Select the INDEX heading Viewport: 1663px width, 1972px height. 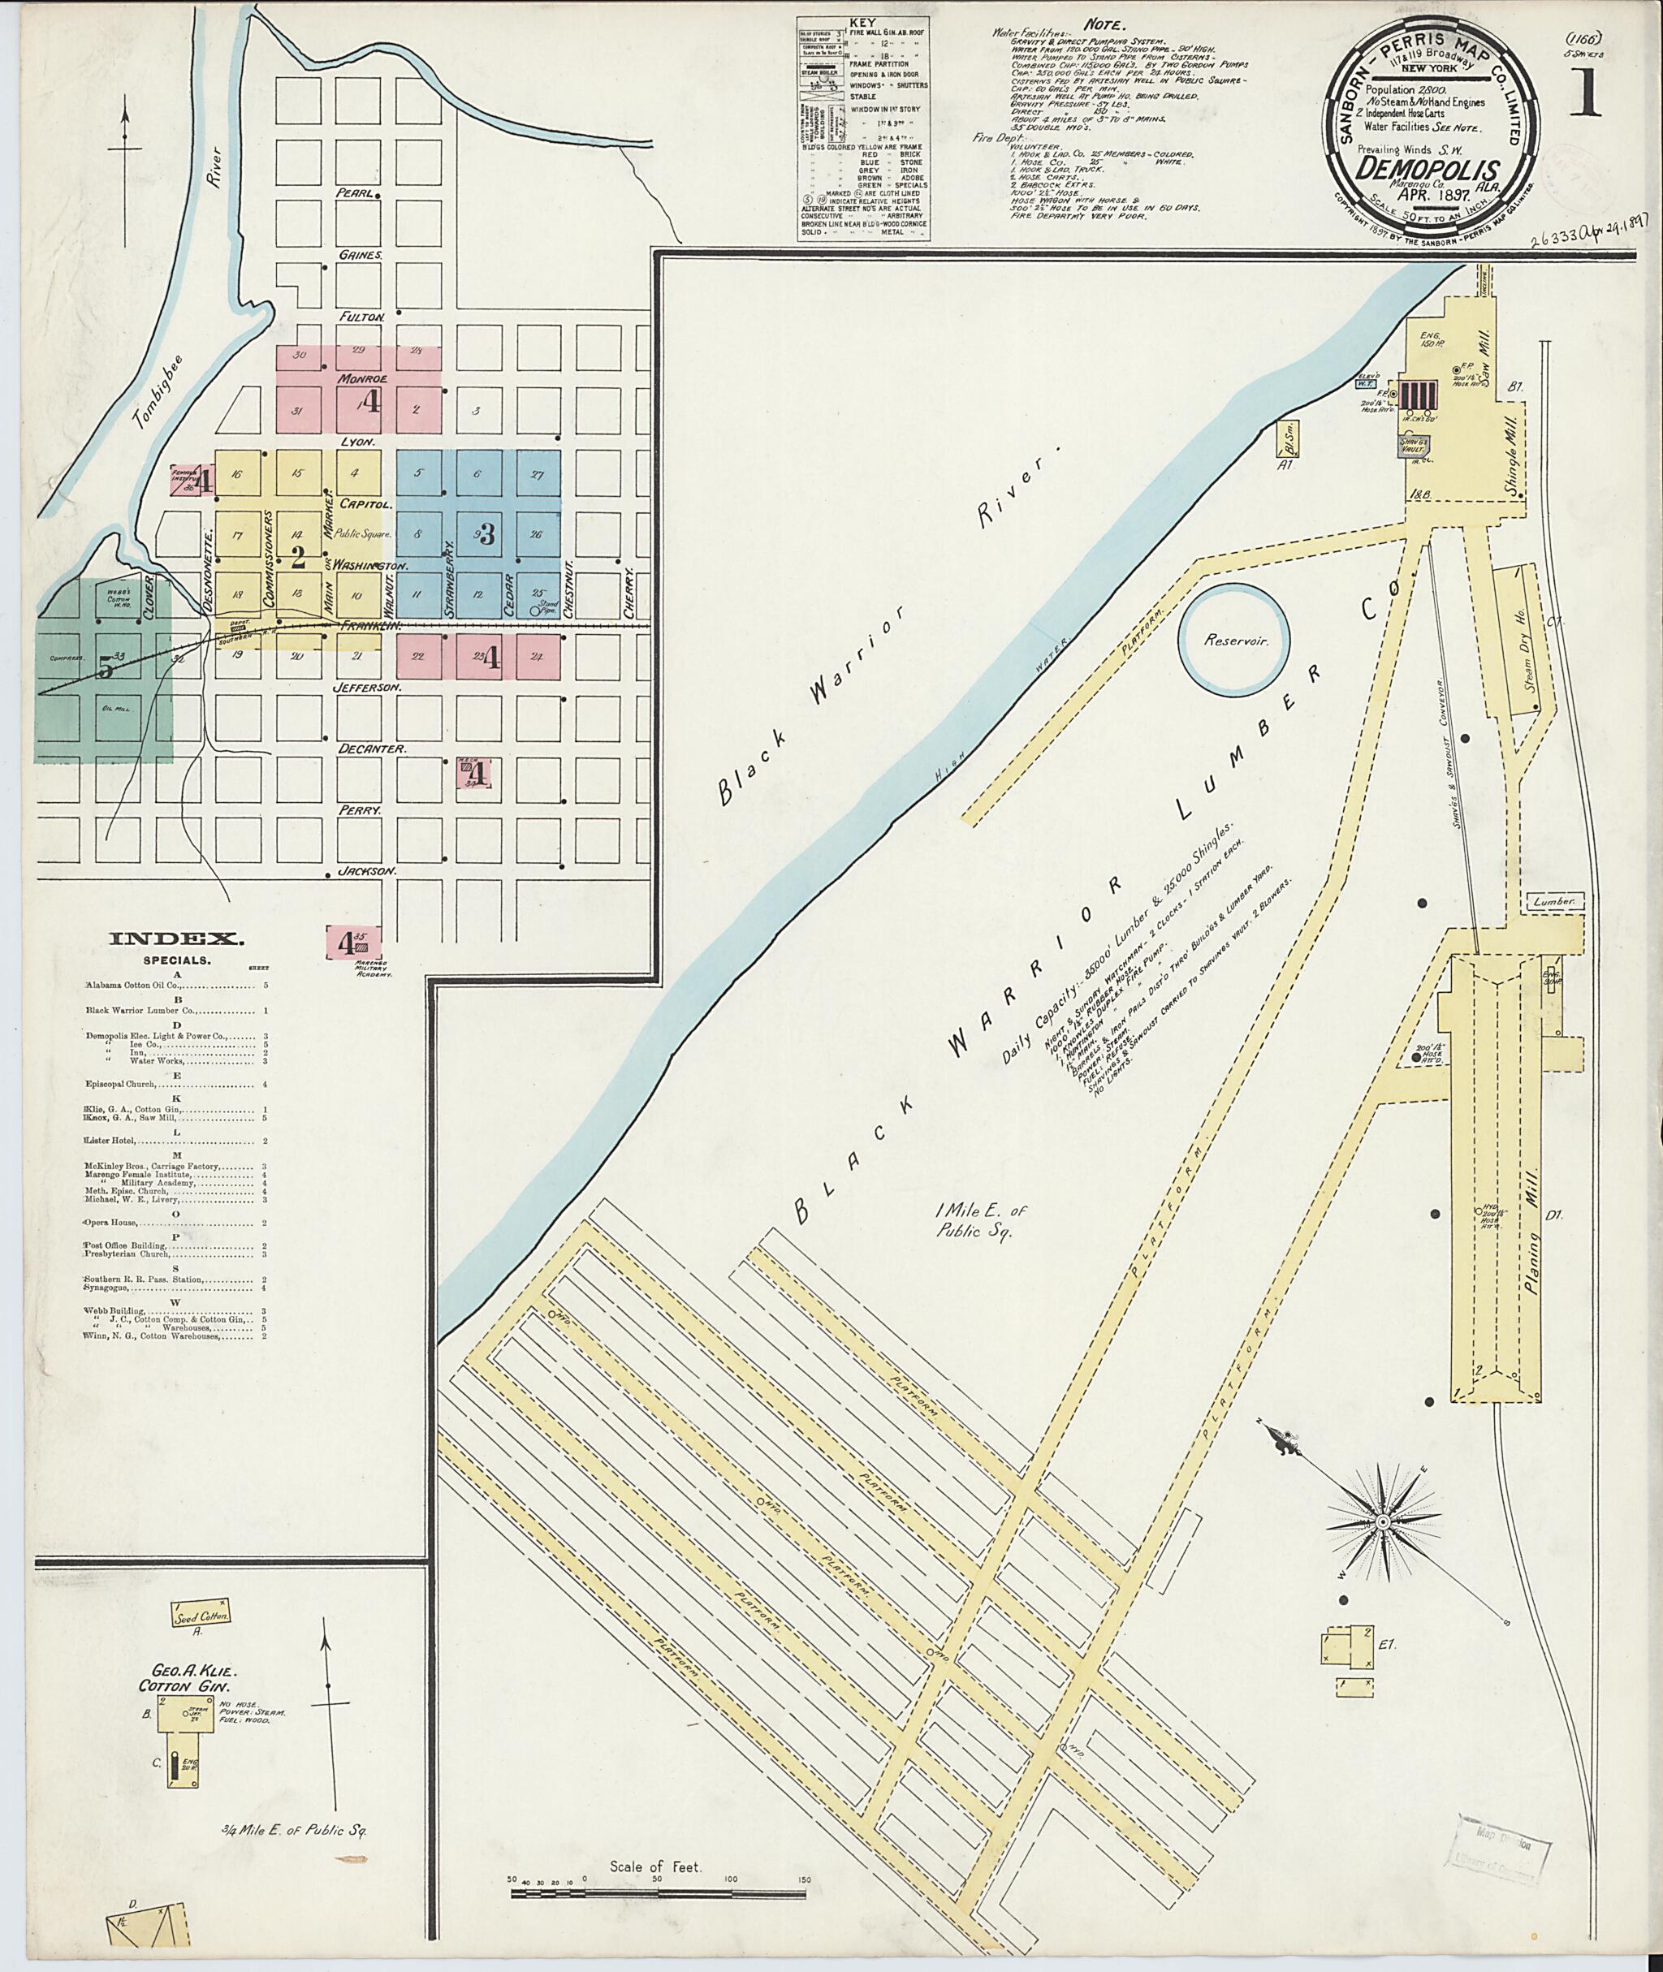click(177, 938)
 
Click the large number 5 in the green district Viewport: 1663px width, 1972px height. click(106, 666)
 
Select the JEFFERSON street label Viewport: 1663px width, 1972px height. click(368, 689)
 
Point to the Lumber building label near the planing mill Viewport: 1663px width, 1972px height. click(1554, 901)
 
